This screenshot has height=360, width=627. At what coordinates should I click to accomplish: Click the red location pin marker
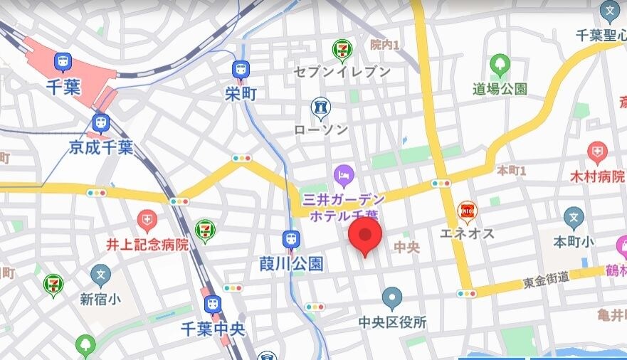pyautogui.click(x=365, y=235)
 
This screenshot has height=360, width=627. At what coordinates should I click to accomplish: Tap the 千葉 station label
pyautogui.click(x=63, y=88)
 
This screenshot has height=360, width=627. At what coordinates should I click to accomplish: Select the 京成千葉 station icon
pyautogui.click(x=101, y=123)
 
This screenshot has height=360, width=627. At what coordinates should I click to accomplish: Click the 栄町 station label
pyautogui.click(x=240, y=93)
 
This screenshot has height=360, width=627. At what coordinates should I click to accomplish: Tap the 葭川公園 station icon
pyautogui.click(x=290, y=240)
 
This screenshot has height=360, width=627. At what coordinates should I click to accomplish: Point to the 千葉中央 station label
pyautogui.click(x=212, y=329)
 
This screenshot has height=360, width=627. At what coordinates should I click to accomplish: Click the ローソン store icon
pyautogui.click(x=321, y=107)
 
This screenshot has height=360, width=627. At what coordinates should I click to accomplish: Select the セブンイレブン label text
pyautogui.click(x=342, y=72)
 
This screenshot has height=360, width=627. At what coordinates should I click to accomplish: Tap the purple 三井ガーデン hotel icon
pyautogui.click(x=343, y=173)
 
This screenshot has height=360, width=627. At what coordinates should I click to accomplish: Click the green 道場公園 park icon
pyautogui.click(x=500, y=65)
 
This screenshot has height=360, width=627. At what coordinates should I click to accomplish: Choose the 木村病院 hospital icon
pyautogui.click(x=597, y=152)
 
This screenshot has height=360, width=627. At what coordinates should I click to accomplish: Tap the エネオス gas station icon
pyautogui.click(x=467, y=210)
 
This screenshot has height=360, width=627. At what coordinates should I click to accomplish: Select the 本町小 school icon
pyautogui.click(x=574, y=218)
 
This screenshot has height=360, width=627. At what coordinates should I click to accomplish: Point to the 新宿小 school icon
pyautogui.click(x=101, y=274)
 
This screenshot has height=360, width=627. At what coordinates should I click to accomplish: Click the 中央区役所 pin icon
pyautogui.click(x=392, y=299)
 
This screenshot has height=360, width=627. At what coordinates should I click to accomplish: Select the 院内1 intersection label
pyautogui.click(x=384, y=45)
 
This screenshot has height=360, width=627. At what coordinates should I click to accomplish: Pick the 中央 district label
pyautogui.click(x=407, y=247)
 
